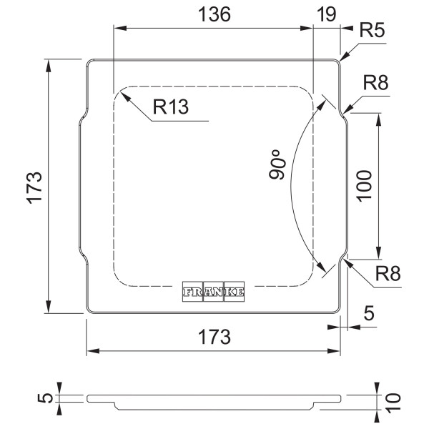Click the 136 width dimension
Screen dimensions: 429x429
(x=214, y=14)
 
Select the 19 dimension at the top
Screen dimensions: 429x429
(x=327, y=14)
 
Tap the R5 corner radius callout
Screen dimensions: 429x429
(x=372, y=30)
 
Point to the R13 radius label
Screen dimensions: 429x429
(x=171, y=107)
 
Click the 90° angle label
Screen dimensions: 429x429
(x=277, y=164)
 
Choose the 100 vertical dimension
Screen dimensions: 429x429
(x=365, y=186)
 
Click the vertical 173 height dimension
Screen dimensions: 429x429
(x=34, y=187)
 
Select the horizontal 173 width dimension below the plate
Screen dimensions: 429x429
(x=214, y=337)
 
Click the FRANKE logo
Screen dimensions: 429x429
(x=213, y=292)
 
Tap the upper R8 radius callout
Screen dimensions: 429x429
(x=375, y=83)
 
